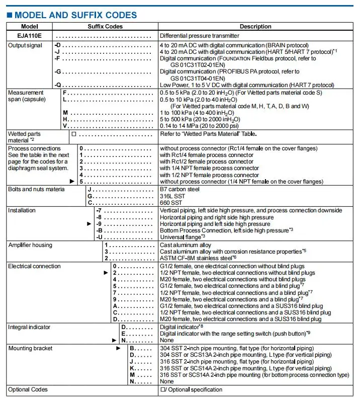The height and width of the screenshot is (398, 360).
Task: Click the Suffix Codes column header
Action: (105, 27)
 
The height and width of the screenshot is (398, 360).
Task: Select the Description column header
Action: (255, 27)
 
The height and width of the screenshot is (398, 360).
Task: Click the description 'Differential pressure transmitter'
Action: (199, 36)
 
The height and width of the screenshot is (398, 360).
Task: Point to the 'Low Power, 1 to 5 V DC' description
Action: (246, 85)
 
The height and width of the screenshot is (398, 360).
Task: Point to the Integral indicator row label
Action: (29, 327)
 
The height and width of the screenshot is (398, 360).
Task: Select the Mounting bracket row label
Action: (30, 348)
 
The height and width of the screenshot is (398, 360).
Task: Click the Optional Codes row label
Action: (28, 389)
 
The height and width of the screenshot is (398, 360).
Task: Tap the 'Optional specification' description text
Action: (194, 389)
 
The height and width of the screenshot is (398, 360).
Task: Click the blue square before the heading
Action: (10, 16)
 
